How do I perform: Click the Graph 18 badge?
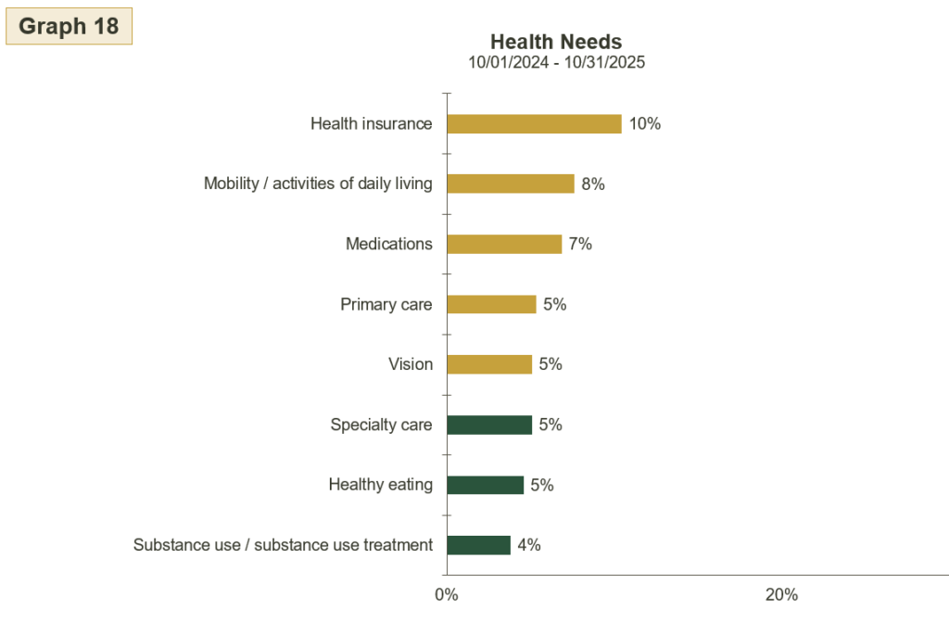(69, 26)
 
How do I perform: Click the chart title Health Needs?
(556, 42)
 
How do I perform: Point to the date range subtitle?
(556, 63)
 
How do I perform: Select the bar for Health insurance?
(534, 123)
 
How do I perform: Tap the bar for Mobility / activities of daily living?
(511, 184)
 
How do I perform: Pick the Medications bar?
(504, 244)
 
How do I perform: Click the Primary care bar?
(491, 304)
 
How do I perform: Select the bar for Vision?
(489, 364)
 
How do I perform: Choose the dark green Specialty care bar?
(489, 425)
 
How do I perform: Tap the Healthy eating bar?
(485, 485)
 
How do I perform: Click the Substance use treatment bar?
(478, 545)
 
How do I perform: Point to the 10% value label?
(645, 123)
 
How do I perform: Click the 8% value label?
(593, 184)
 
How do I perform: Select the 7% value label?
(580, 244)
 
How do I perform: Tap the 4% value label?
(529, 545)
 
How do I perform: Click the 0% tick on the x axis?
(447, 594)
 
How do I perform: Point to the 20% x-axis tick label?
(781, 594)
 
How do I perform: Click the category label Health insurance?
(371, 123)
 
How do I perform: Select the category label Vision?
(411, 364)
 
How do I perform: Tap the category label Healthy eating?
(380, 485)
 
